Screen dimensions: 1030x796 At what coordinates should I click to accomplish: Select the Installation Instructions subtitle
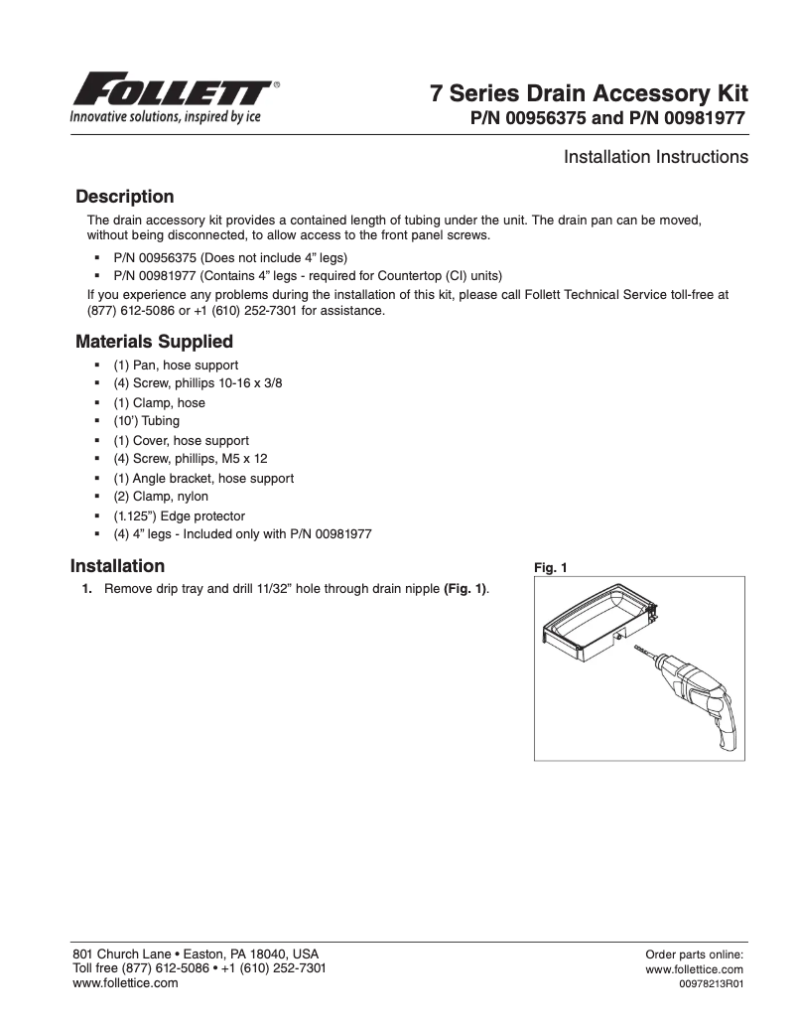(655, 157)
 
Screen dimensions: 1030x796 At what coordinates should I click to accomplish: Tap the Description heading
(124, 197)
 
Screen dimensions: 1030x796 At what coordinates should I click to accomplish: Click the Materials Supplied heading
(154, 342)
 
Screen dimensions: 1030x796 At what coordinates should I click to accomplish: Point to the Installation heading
(117, 566)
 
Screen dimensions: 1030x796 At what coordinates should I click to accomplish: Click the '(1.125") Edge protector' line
(179, 516)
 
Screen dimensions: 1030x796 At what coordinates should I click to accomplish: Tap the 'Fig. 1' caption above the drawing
(550, 568)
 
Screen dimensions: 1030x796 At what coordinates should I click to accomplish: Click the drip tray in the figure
(596, 621)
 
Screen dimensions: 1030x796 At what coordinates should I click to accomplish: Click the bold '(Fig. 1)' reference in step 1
(464, 589)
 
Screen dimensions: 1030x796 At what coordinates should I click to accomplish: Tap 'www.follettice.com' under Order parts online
(694, 969)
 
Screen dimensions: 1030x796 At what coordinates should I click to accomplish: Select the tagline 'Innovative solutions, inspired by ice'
(164, 115)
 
